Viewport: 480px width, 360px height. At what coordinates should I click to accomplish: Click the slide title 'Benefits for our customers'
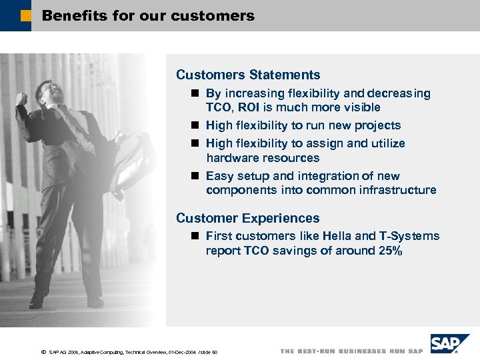point(148,15)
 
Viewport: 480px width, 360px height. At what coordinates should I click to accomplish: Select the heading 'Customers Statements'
point(248,75)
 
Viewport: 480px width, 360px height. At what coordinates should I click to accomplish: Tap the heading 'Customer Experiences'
point(247,218)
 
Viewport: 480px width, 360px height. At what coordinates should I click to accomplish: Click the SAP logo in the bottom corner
point(449,344)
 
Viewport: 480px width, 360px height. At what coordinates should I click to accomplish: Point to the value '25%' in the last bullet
point(390,251)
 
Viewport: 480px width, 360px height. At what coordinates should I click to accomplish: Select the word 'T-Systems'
point(409,236)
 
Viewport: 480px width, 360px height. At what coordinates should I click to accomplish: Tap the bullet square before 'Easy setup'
point(193,176)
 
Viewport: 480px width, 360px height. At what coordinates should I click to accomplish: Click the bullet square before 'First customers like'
point(193,236)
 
